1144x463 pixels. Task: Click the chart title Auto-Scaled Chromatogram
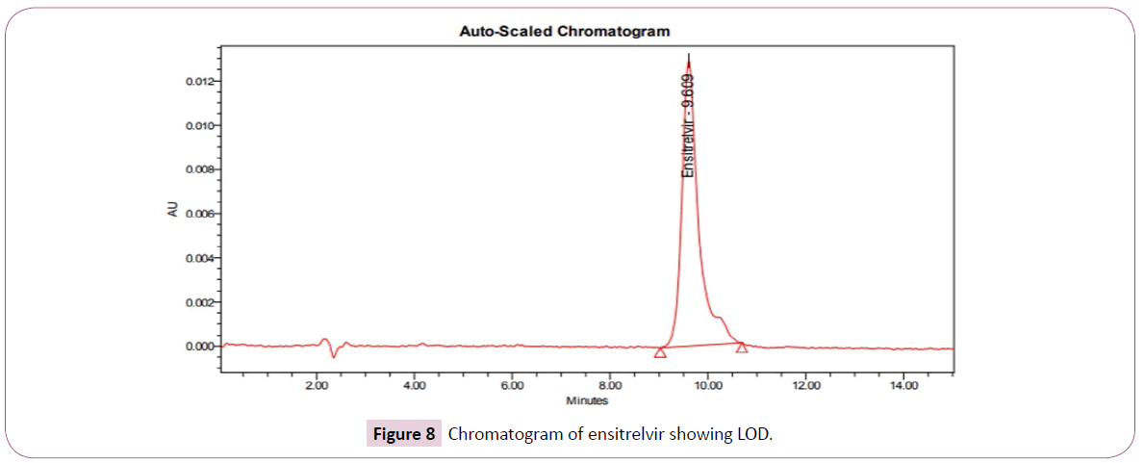(564, 32)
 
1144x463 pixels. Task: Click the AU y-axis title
(173, 212)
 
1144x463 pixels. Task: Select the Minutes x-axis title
(586, 400)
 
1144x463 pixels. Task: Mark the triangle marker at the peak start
(660, 352)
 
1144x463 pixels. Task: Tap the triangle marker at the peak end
(741, 347)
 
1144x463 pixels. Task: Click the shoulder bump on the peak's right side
(721, 319)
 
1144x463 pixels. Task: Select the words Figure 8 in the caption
(403, 434)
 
